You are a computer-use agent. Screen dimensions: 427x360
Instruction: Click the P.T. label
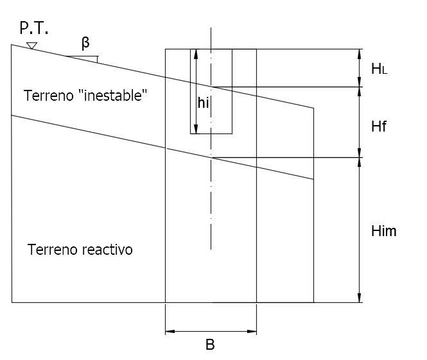coord(34,28)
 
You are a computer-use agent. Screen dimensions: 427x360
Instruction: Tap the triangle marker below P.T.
coord(32,46)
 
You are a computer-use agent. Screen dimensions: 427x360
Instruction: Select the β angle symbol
coord(85,43)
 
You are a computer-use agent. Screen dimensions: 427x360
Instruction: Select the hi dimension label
coord(203,103)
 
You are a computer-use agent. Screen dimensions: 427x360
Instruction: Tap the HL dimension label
coord(379,69)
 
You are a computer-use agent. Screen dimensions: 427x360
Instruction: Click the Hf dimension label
coord(379,126)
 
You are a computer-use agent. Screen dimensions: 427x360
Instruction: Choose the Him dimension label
coord(384,231)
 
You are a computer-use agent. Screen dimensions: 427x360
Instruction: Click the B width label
coord(210,345)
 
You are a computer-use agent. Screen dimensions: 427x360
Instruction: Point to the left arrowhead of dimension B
coord(170,331)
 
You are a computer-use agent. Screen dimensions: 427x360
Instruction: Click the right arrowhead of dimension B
coord(252,331)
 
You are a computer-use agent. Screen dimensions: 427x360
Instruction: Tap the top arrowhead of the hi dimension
coord(196,54)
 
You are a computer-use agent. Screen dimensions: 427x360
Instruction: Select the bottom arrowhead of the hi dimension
coord(196,129)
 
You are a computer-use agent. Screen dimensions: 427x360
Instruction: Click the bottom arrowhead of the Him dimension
coord(360,297)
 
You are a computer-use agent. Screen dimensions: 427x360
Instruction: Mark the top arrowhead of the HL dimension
coord(360,54)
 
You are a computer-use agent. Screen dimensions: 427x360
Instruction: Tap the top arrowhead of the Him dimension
coord(360,162)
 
